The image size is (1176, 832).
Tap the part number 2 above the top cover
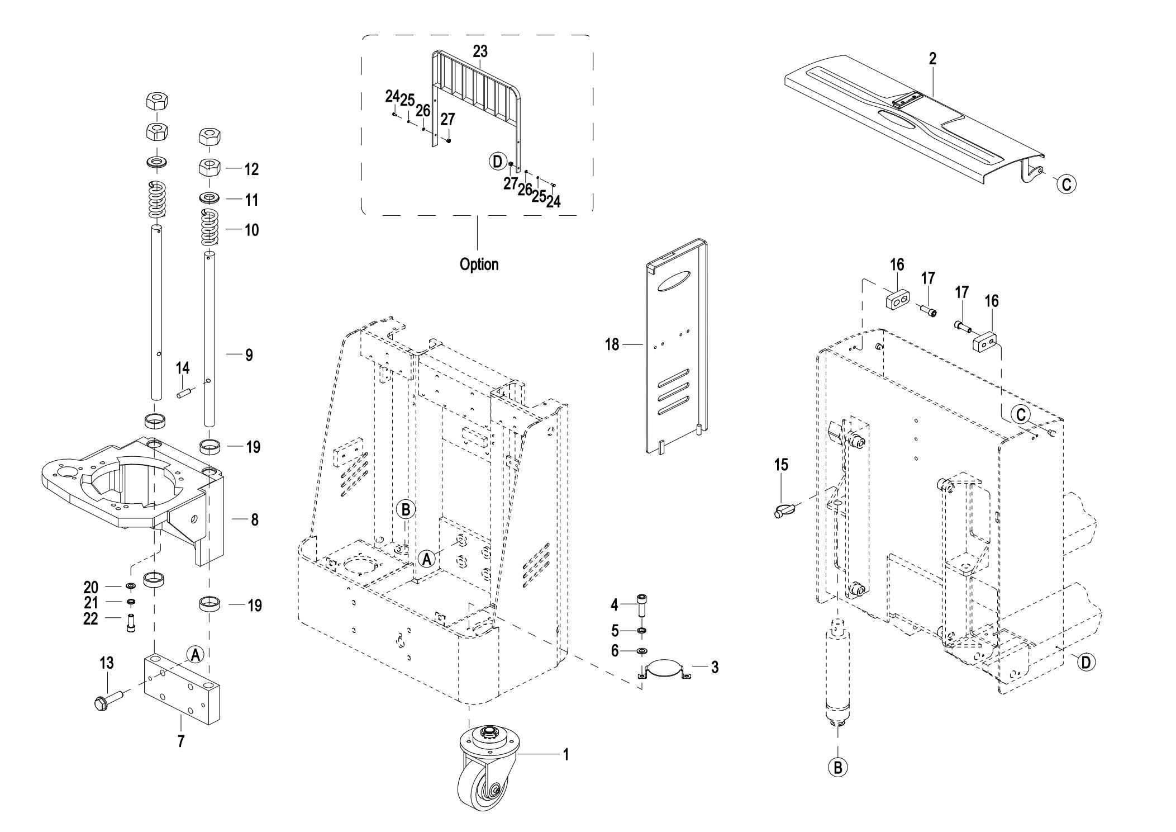pyautogui.click(x=932, y=59)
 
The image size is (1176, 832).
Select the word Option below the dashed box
pyautogui.click(x=479, y=264)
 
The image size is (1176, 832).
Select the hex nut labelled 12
pyautogui.click(x=211, y=167)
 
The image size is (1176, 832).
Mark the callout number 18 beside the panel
pyautogui.click(x=612, y=345)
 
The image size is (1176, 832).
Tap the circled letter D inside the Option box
pyautogui.click(x=496, y=162)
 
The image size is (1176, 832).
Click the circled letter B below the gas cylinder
pyautogui.click(x=837, y=767)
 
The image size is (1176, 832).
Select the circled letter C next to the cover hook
pyautogui.click(x=1066, y=184)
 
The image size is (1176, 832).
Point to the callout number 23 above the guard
pyautogui.click(x=480, y=51)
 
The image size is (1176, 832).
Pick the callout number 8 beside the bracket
pyautogui.click(x=254, y=520)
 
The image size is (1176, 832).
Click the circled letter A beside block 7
pyautogui.click(x=194, y=654)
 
